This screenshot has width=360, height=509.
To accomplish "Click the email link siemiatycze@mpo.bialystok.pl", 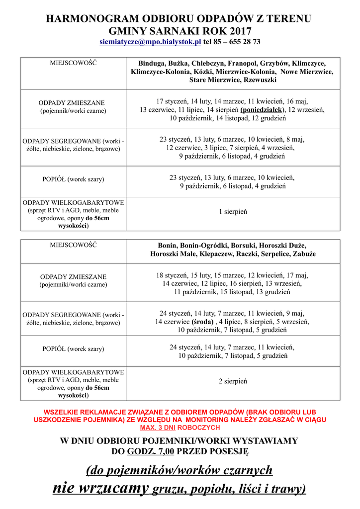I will click(x=150, y=42).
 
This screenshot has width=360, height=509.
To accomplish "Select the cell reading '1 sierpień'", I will click(x=233, y=212).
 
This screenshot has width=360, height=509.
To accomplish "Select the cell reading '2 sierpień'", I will click(x=233, y=381).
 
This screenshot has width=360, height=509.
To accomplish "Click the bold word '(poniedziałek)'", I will click(x=262, y=109).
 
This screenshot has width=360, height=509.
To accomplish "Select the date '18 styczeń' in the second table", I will click(x=172, y=275).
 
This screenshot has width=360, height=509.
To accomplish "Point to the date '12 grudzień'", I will click(x=269, y=118).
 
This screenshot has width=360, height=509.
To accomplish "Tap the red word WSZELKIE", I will click(x=63, y=413).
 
